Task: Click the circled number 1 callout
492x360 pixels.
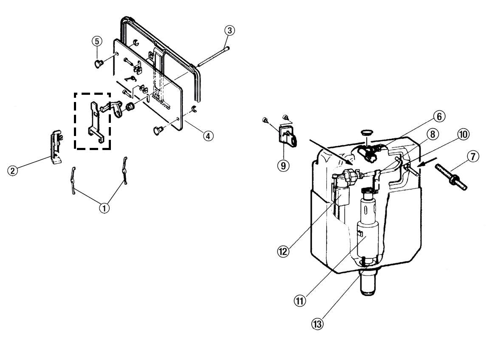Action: tap(105, 208)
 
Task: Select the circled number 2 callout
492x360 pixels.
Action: tap(13, 171)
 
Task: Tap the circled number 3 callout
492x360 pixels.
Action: tap(230, 31)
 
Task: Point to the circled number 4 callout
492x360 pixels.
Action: tap(208, 136)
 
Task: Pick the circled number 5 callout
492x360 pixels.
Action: tap(97, 41)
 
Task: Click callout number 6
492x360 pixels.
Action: tap(439, 116)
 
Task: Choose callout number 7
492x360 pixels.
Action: tap(473, 156)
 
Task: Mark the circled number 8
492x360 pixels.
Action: tap(433, 134)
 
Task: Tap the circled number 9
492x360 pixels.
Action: tap(283, 165)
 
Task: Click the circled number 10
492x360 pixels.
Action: tap(463, 135)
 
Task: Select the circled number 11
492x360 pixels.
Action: tap(300, 301)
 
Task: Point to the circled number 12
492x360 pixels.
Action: tap(283, 251)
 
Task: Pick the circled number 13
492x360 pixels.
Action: tap(317, 323)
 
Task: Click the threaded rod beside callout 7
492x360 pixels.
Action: tap(451, 177)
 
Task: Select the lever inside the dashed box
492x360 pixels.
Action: tap(95, 121)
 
